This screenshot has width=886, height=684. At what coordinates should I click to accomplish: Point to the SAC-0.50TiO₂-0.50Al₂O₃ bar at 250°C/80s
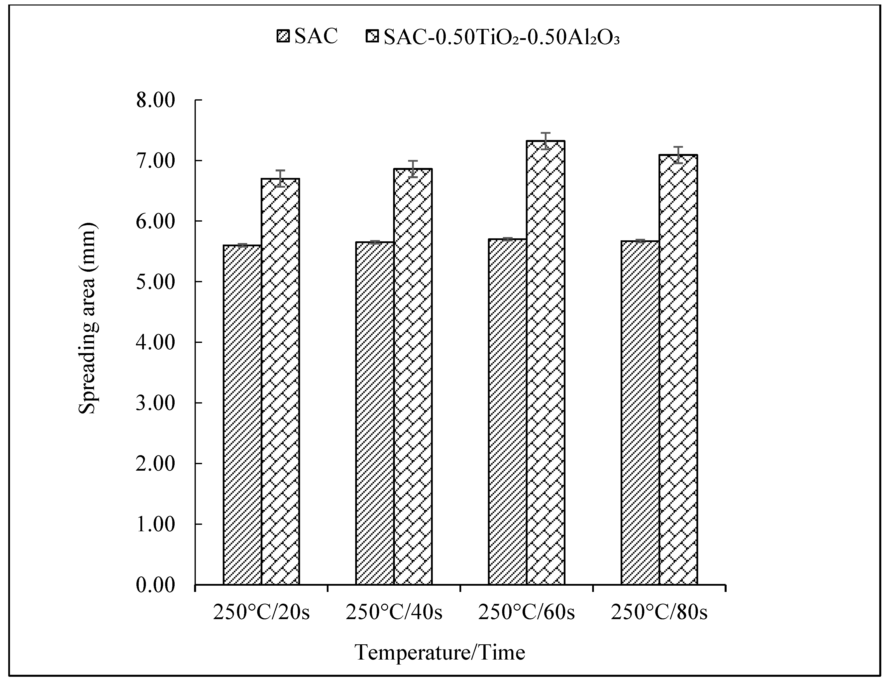(678, 369)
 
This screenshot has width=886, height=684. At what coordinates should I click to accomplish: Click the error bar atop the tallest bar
(546, 141)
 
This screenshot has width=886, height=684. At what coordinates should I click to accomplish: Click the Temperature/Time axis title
(440, 653)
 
